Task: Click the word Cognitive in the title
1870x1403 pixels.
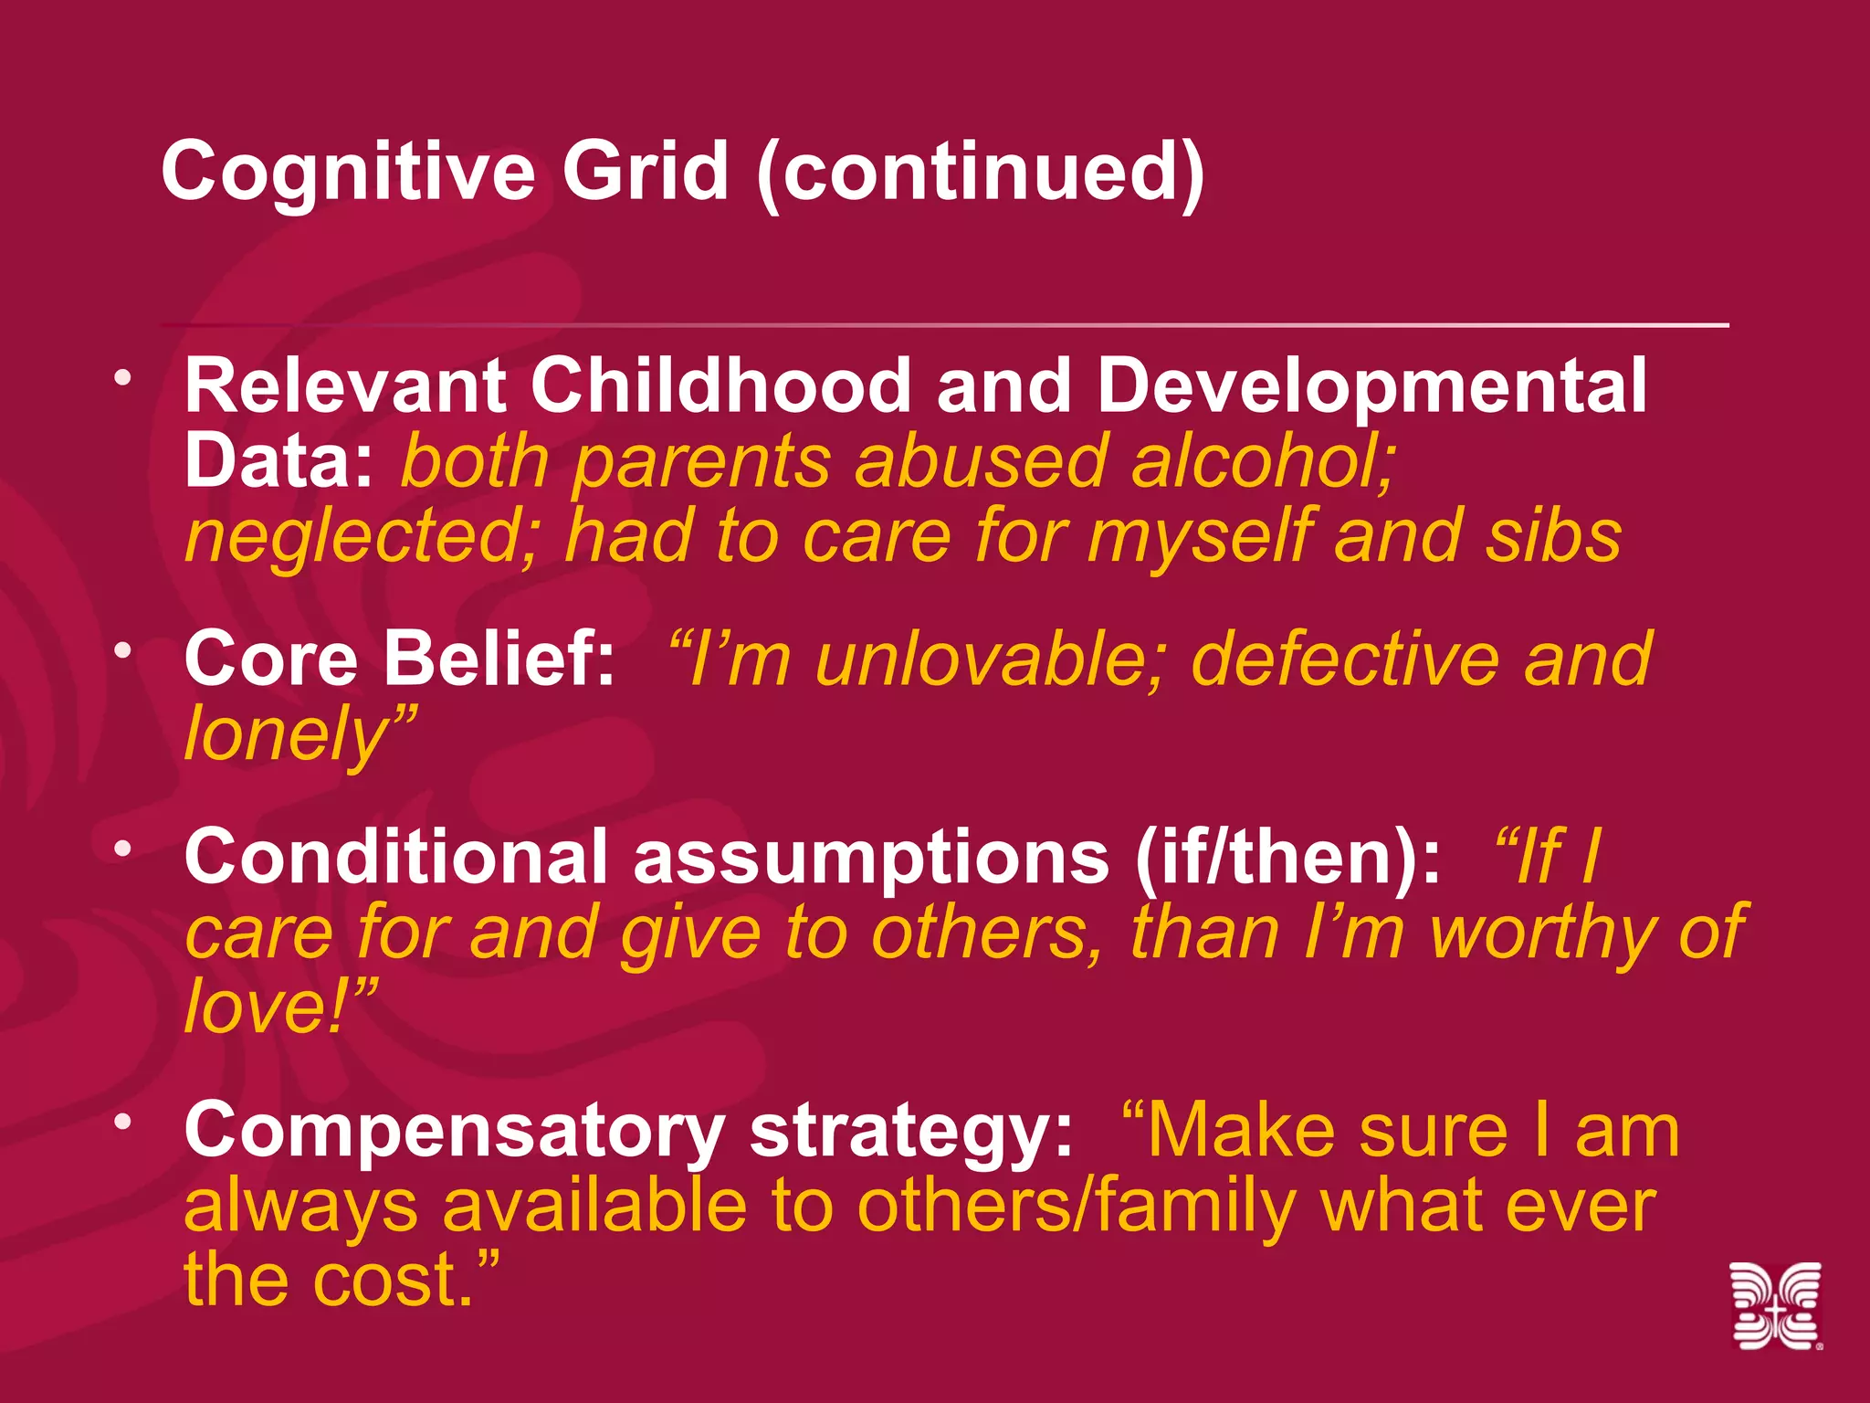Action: point(347,172)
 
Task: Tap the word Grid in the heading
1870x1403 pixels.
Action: point(645,172)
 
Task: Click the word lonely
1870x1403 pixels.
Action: point(290,735)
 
